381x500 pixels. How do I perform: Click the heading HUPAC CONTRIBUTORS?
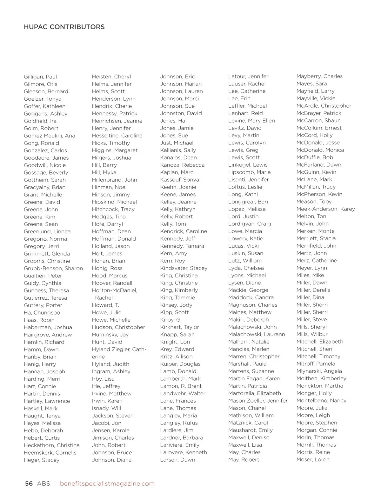point(64,27)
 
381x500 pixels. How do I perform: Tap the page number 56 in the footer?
point(29,483)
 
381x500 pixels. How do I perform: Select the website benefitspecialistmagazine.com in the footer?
point(107,483)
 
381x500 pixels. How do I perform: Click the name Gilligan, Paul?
point(40,77)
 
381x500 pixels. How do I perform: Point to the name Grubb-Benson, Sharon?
point(53,268)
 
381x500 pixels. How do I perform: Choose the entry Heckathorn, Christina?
point(52,445)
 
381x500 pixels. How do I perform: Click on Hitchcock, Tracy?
point(113,209)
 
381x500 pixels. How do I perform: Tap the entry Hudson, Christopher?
point(118,327)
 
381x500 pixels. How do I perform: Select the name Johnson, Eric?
point(177,77)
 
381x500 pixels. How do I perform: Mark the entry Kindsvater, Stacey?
point(184,268)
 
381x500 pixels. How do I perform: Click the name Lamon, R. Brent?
point(181,386)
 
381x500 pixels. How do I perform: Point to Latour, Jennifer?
point(248,77)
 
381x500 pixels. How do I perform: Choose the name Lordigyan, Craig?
point(250,224)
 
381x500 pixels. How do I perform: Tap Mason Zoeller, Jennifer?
point(258,401)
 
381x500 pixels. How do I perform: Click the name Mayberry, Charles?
point(319,76)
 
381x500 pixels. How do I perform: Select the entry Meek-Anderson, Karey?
point(326,209)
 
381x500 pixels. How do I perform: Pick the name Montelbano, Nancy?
point(321,401)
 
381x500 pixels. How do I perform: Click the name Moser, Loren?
point(313,459)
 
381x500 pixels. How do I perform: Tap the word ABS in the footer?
point(43,483)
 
